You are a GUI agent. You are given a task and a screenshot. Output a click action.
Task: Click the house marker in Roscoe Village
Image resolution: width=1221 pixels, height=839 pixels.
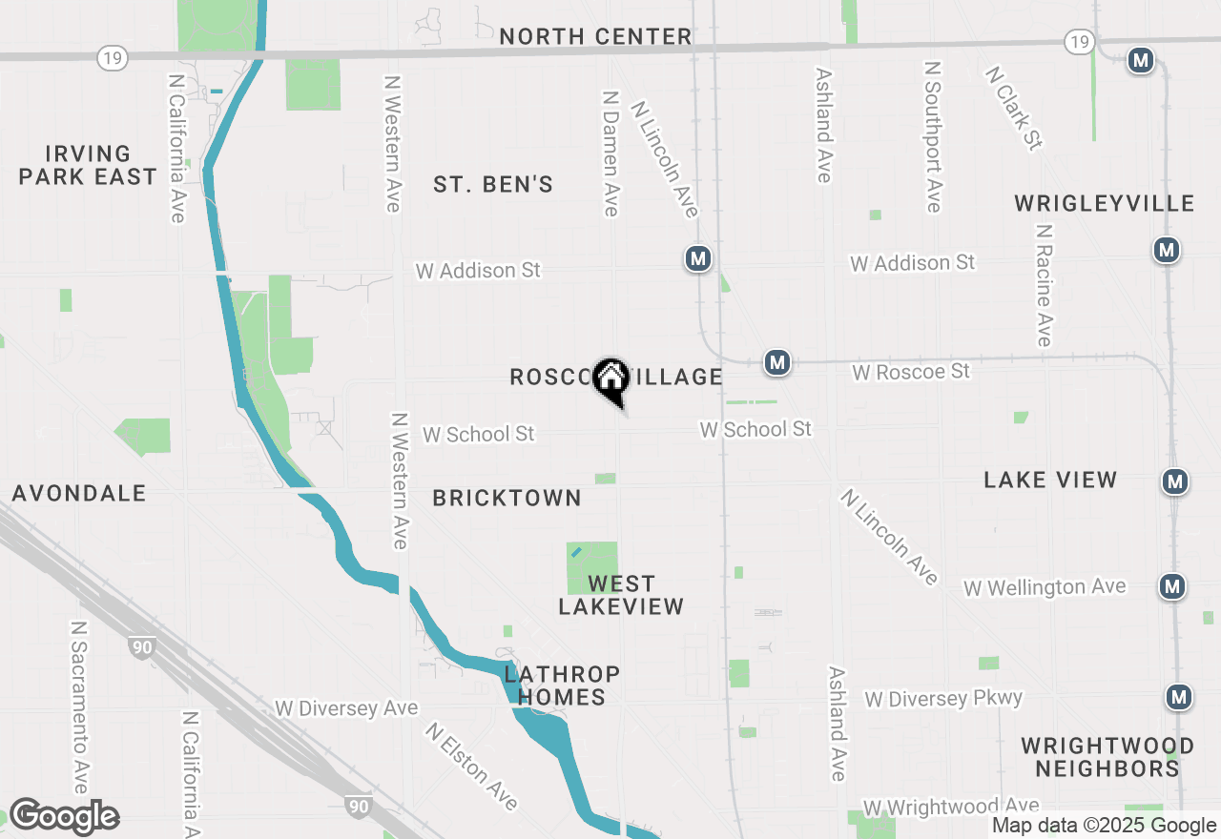pyautogui.click(x=610, y=379)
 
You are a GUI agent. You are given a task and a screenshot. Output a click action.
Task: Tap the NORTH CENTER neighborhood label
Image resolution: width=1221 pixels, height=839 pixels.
pyautogui.click(x=595, y=36)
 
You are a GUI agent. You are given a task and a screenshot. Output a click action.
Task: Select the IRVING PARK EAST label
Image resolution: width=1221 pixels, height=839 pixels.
pyautogui.click(x=88, y=165)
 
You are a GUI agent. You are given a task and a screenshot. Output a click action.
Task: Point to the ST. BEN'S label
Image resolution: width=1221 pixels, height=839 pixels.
pyautogui.click(x=493, y=184)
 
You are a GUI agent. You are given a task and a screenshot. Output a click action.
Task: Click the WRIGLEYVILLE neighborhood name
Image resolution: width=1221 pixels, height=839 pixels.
pyautogui.click(x=1105, y=203)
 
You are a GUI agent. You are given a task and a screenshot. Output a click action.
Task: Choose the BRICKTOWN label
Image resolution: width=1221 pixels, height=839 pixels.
pyautogui.click(x=507, y=498)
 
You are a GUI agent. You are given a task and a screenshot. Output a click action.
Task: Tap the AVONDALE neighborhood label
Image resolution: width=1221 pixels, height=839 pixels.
pyautogui.click(x=79, y=493)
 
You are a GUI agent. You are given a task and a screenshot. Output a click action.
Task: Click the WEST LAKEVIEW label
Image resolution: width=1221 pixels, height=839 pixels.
pyautogui.click(x=621, y=595)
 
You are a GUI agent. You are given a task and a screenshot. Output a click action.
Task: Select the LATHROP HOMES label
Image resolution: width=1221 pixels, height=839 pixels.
pyautogui.click(x=562, y=686)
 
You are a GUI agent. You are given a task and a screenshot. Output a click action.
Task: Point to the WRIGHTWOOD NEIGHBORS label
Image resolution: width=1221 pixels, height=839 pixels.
pyautogui.click(x=1107, y=757)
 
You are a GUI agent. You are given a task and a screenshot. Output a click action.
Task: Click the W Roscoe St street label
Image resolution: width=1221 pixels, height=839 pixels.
pyautogui.click(x=911, y=371)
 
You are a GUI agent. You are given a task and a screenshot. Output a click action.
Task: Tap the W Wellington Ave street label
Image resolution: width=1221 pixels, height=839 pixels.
pyautogui.click(x=1045, y=587)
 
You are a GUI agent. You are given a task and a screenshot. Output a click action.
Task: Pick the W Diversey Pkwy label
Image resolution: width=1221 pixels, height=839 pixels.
pyautogui.click(x=943, y=699)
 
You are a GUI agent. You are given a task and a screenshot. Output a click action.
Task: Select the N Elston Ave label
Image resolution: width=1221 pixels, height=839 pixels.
pyautogui.click(x=472, y=767)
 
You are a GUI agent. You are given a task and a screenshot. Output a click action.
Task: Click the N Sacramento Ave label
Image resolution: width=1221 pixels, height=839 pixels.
pyautogui.click(x=80, y=707)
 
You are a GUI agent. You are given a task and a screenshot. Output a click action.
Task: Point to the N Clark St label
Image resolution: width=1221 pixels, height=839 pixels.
pyautogui.click(x=1013, y=107)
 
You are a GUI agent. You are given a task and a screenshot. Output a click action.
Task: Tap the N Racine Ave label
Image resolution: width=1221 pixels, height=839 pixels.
pyautogui.click(x=1045, y=286)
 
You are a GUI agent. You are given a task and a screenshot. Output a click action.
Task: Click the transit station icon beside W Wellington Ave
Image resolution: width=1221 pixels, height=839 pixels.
pyautogui.click(x=1173, y=586)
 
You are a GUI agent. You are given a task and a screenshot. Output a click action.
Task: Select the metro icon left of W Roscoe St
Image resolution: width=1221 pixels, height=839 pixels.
pyautogui.click(x=777, y=362)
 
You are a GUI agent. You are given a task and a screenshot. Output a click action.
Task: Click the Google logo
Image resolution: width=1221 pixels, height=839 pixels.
pyautogui.click(x=64, y=817)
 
